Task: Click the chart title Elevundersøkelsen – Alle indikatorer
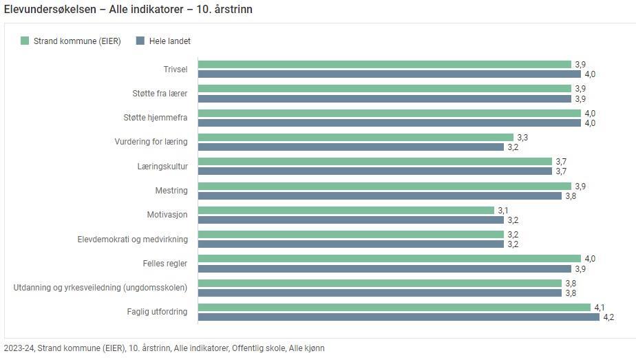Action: (x=128, y=10)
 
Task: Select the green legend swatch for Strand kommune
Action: (x=25, y=41)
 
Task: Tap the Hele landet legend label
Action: (x=169, y=41)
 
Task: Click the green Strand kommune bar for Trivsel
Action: (x=385, y=65)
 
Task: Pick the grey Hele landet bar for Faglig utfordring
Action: (x=399, y=317)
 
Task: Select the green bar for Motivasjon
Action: (x=346, y=211)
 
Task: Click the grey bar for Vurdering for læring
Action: (x=351, y=147)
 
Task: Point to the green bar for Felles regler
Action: (x=390, y=259)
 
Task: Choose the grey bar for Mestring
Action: (x=380, y=196)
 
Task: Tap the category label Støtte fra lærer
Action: (x=160, y=94)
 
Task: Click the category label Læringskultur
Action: (x=162, y=167)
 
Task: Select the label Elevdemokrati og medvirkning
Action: (x=132, y=240)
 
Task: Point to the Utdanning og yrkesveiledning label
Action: (x=100, y=288)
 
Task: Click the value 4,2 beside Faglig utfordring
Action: (x=608, y=317)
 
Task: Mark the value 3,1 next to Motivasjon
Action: (x=502, y=211)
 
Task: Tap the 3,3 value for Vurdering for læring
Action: (x=522, y=138)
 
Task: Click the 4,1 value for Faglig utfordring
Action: (x=599, y=308)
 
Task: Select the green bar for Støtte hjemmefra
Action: (x=390, y=114)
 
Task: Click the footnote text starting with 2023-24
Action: (x=164, y=348)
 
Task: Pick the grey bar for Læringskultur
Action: (x=375, y=171)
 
